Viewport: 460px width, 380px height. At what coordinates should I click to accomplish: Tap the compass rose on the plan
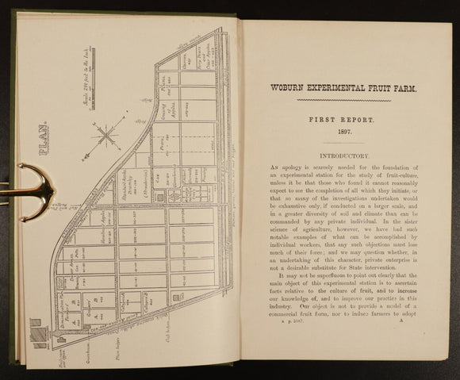coord(107,133)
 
